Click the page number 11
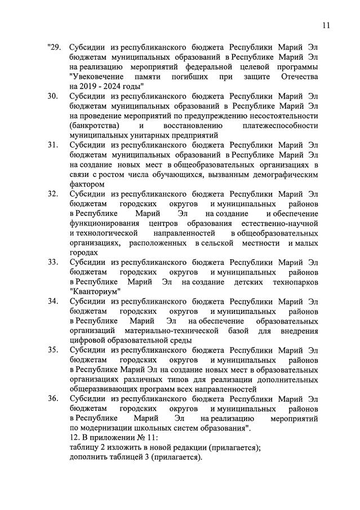[x=327, y=25]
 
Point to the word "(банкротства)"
[x=94, y=125]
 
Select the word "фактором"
[x=87, y=184]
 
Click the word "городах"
[x=84, y=252]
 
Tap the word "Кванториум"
[x=96, y=291]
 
